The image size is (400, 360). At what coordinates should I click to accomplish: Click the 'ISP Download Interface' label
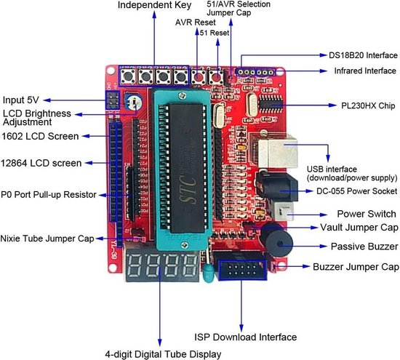point(245,337)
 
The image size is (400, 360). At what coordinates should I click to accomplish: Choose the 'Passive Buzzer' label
point(361,247)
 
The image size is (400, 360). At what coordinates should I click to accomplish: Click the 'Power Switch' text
point(367,214)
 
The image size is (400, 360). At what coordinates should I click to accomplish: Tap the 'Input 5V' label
point(24,100)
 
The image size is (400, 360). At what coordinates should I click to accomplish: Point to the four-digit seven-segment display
point(161,267)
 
